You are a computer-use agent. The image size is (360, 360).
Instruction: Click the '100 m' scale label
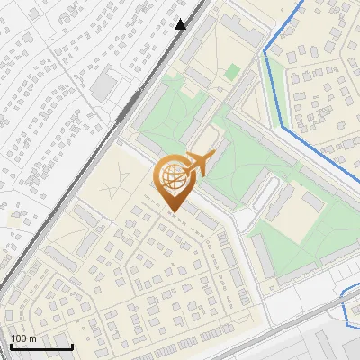23,338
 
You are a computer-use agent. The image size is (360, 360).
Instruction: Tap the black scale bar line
40,347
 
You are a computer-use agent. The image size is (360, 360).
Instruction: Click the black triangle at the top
181,24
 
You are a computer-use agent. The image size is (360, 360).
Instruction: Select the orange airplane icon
196,163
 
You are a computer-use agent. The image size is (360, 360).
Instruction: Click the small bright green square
232,70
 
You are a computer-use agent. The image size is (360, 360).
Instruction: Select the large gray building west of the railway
106,84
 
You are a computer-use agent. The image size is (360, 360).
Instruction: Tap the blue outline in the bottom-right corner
346,306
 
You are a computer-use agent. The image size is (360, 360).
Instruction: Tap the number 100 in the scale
18,338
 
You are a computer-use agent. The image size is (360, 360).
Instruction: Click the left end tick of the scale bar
10,346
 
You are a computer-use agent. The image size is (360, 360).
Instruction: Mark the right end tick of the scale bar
72,346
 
